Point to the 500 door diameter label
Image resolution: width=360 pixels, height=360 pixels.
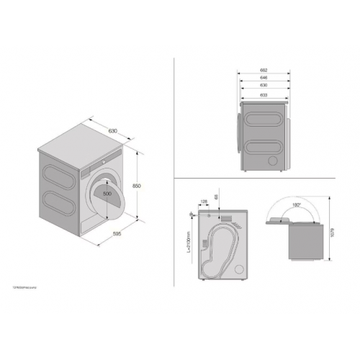107,194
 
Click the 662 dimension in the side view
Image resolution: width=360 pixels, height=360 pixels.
264,71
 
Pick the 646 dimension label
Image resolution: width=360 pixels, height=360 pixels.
264,77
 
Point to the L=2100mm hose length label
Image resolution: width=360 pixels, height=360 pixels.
187,241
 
